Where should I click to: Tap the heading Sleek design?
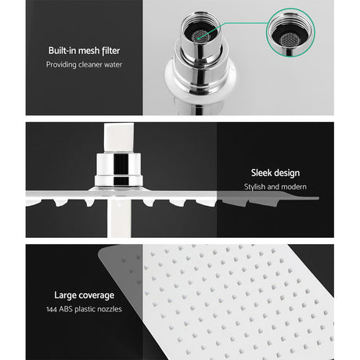(275, 173)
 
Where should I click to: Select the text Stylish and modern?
(275, 187)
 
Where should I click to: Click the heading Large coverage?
(85, 295)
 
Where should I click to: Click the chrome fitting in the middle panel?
(117, 169)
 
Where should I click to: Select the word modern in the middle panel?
(293, 187)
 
